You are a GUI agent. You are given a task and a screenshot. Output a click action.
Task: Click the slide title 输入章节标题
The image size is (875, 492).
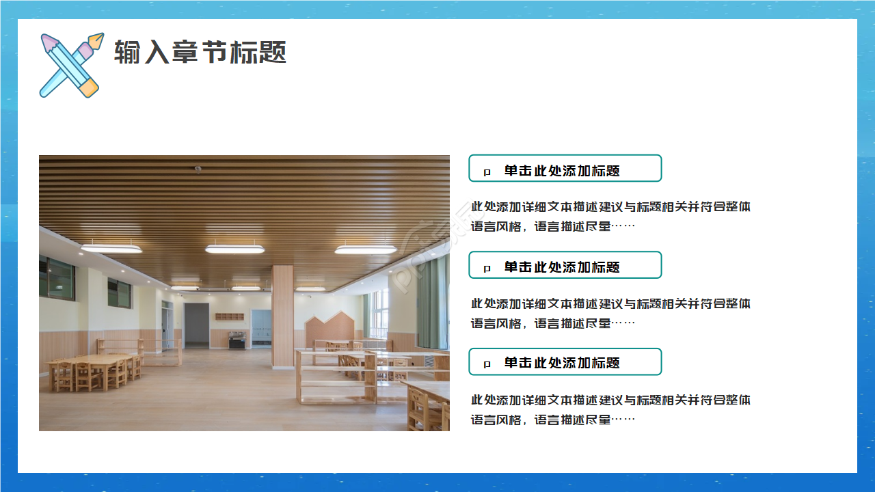click(x=200, y=53)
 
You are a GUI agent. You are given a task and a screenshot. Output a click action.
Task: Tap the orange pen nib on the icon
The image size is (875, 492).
click(x=96, y=42)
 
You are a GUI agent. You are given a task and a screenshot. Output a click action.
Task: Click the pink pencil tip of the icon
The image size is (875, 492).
click(x=48, y=42)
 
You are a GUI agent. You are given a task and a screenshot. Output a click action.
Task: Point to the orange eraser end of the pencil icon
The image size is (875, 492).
click(x=90, y=87)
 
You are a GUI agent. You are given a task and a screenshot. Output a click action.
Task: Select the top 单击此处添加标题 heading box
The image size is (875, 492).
click(x=565, y=168)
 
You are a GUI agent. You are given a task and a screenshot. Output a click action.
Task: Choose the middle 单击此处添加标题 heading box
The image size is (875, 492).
click(x=565, y=265)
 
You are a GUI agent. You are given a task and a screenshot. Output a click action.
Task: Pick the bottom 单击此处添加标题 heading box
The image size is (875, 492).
click(x=565, y=361)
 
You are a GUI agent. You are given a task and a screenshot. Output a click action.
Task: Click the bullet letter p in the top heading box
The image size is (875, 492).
click(x=487, y=172)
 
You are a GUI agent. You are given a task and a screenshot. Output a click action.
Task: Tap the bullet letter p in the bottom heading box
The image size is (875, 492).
click(x=487, y=365)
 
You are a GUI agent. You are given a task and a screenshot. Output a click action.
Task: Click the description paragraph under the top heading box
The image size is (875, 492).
click(x=610, y=216)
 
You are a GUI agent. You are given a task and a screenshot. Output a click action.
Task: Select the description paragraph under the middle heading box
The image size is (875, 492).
click(x=610, y=313)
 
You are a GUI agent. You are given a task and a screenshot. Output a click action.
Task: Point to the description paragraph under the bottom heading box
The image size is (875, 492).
click(x=610, y=409)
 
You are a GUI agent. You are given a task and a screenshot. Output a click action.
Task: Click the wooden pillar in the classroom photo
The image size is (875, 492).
click(x=282, y=314)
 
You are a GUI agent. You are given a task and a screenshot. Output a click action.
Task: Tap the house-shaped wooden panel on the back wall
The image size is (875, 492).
click(x=329, y=329)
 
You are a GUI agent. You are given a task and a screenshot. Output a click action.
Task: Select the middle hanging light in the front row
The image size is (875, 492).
click(x=234, y=249)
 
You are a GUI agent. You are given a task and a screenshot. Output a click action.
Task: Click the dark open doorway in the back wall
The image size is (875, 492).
click(x=196, y=325)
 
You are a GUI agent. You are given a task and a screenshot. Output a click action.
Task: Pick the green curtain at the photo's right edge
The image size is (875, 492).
click(x=432, y=301)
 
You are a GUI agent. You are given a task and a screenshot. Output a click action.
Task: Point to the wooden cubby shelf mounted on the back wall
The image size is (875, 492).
click(x=229, y=316)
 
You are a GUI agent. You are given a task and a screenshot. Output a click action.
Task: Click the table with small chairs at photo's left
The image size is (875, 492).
click(x=92, y=369)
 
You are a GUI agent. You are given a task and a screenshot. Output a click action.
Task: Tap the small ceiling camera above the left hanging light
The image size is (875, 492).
click(x=198, y=169)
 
